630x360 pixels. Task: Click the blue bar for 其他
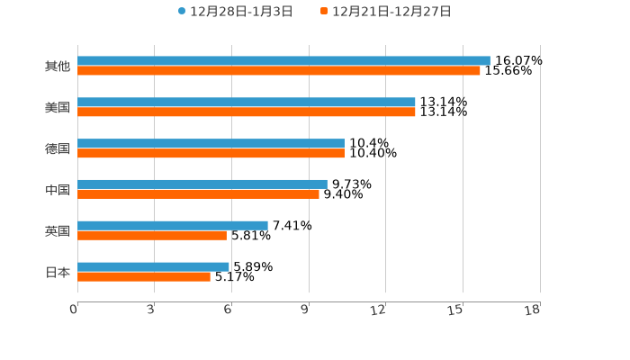283,61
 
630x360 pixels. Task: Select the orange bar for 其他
279,71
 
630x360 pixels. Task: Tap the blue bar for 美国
247,103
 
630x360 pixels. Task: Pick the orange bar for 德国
211,154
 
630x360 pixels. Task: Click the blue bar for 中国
202,184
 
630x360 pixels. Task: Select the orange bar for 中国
198,193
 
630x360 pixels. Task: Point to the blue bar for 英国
173,225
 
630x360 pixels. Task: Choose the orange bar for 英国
152,235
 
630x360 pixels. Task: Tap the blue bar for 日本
153,266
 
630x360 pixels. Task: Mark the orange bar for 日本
144,276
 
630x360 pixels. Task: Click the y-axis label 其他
58,67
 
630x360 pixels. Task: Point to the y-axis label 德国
58,148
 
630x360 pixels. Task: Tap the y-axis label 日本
58,272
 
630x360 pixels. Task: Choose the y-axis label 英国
58,230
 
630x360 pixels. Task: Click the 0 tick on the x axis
75,310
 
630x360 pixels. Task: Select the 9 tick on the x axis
306,310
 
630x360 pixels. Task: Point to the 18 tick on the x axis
533,310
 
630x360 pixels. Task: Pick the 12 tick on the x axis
379,310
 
